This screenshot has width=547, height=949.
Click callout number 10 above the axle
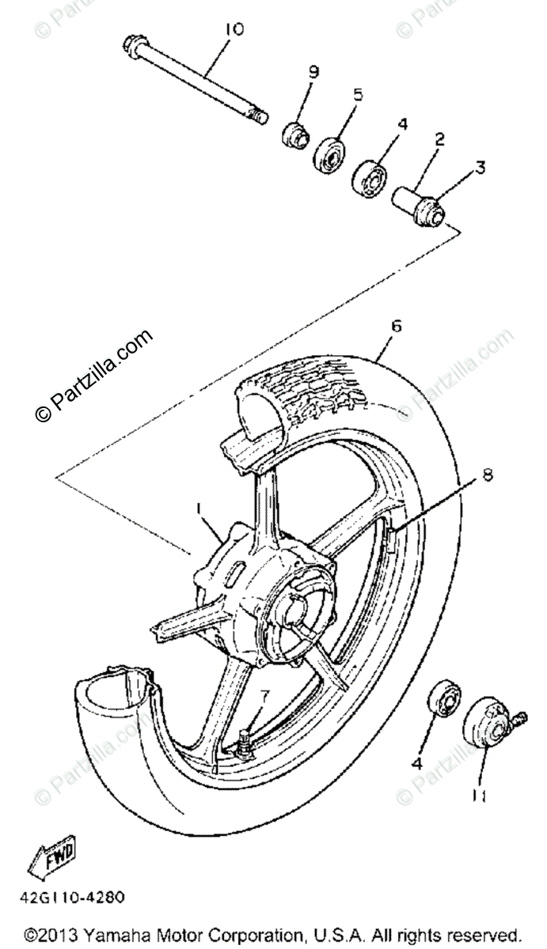[234, 30]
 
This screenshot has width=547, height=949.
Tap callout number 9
[313, 72]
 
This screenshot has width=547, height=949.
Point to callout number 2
[439, 140]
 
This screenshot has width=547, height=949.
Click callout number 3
[480, 168]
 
